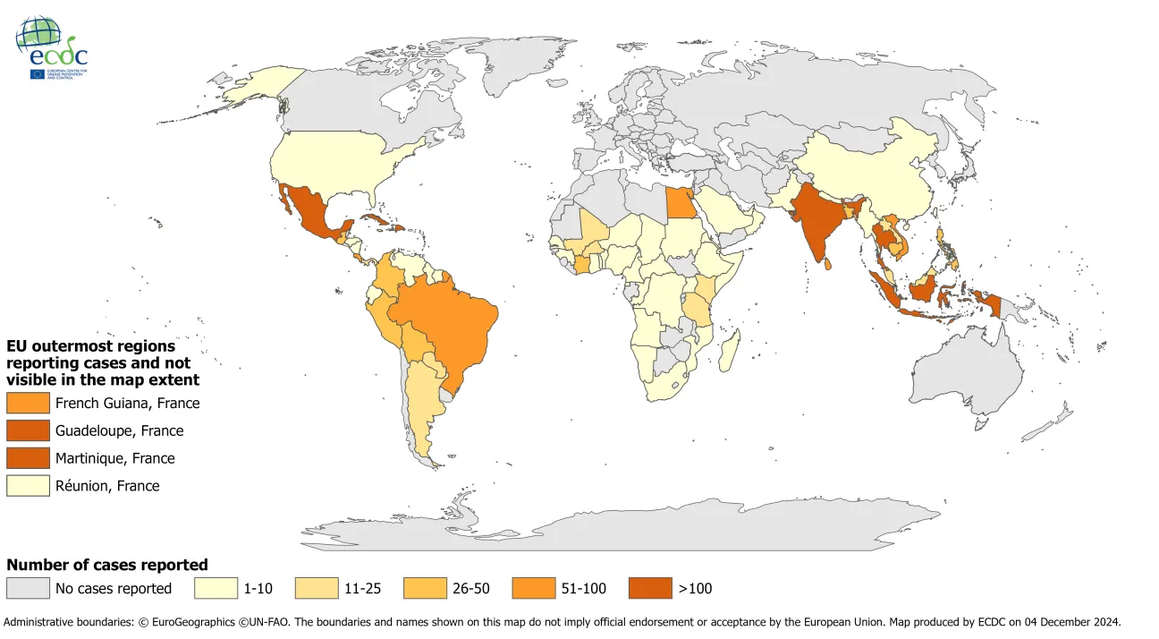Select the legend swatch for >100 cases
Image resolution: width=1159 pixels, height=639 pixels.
(x=651, y=588)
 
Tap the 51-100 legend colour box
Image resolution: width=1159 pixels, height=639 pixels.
(x=535, y=588)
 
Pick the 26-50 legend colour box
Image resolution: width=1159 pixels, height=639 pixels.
(x=426, y=588)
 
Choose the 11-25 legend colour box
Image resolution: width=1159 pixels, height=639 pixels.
(x=317, y=588)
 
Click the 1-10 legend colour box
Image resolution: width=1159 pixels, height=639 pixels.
(x=216, y=588)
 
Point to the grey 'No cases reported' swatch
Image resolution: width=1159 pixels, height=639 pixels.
(x=28, y=588)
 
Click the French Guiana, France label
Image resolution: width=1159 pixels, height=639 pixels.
(x=127, y=403)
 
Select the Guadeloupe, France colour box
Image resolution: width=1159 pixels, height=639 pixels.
(x=28, y=430)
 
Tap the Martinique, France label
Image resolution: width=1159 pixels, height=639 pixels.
(x=114, y=458)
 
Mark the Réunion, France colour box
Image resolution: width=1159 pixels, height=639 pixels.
(x=28, y=486)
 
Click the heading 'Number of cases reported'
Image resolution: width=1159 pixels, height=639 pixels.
(x=107, y=565)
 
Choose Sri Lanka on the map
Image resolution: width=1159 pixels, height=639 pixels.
(x=830, y=264)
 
